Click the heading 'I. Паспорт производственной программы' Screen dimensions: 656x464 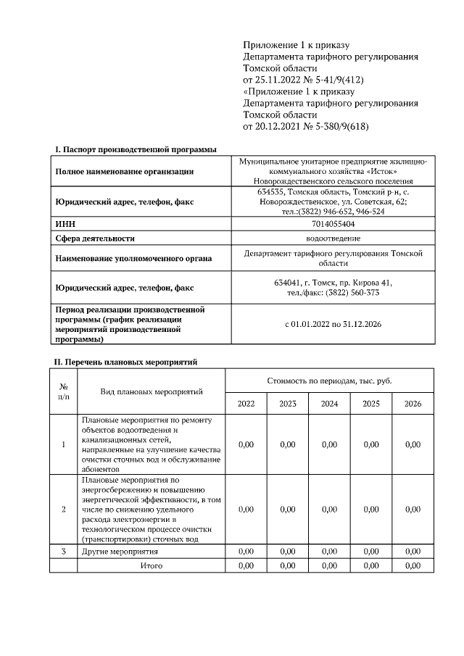[x=136, y=149]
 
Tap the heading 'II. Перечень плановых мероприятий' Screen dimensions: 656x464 [x=126, y=361]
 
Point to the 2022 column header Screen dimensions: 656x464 [x=246, y=403]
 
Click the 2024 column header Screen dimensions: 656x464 [x=329, y=403]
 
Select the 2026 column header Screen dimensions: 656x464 [x=413, y=403]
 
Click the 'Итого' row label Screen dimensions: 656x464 [x=151, y=565]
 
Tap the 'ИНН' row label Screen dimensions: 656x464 [x=66, y=225]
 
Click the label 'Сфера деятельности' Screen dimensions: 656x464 [x=95, y=238]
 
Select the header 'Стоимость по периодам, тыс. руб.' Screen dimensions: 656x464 [x=329, y=380]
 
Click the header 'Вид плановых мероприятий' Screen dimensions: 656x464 [x=151, y=391]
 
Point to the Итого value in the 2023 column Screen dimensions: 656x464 [x=288, y=565]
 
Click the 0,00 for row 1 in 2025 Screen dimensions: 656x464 [x=370, y=444]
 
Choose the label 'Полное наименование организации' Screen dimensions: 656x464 [x=125, y=172]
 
